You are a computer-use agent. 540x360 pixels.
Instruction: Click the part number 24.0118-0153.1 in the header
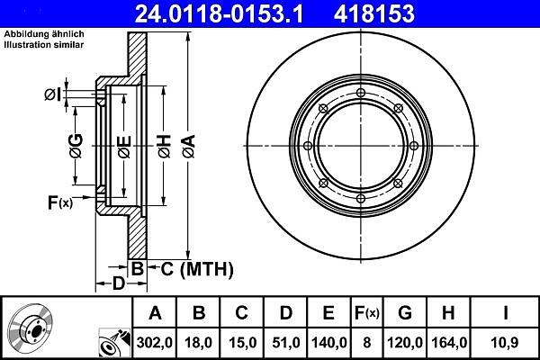click(x=219, y=13)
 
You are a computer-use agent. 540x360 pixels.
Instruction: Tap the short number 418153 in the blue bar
click(x=374, y=13)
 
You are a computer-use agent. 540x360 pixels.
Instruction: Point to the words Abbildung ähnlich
click(x=44, y=34)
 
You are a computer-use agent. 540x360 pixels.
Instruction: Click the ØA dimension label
click(x=189, y=146)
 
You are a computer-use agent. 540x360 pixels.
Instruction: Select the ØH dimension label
click(x=165, y=146)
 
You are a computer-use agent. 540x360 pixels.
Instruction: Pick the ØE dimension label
click(x=124, y=147)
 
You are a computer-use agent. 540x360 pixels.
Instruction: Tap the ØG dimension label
click(x=76, y=146)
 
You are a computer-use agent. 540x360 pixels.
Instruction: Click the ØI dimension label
click(x=53, y=94)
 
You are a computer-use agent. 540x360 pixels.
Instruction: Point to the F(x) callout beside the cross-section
click(x=60, y=202)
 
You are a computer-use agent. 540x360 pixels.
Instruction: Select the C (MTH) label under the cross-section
click(x=197, y=269)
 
